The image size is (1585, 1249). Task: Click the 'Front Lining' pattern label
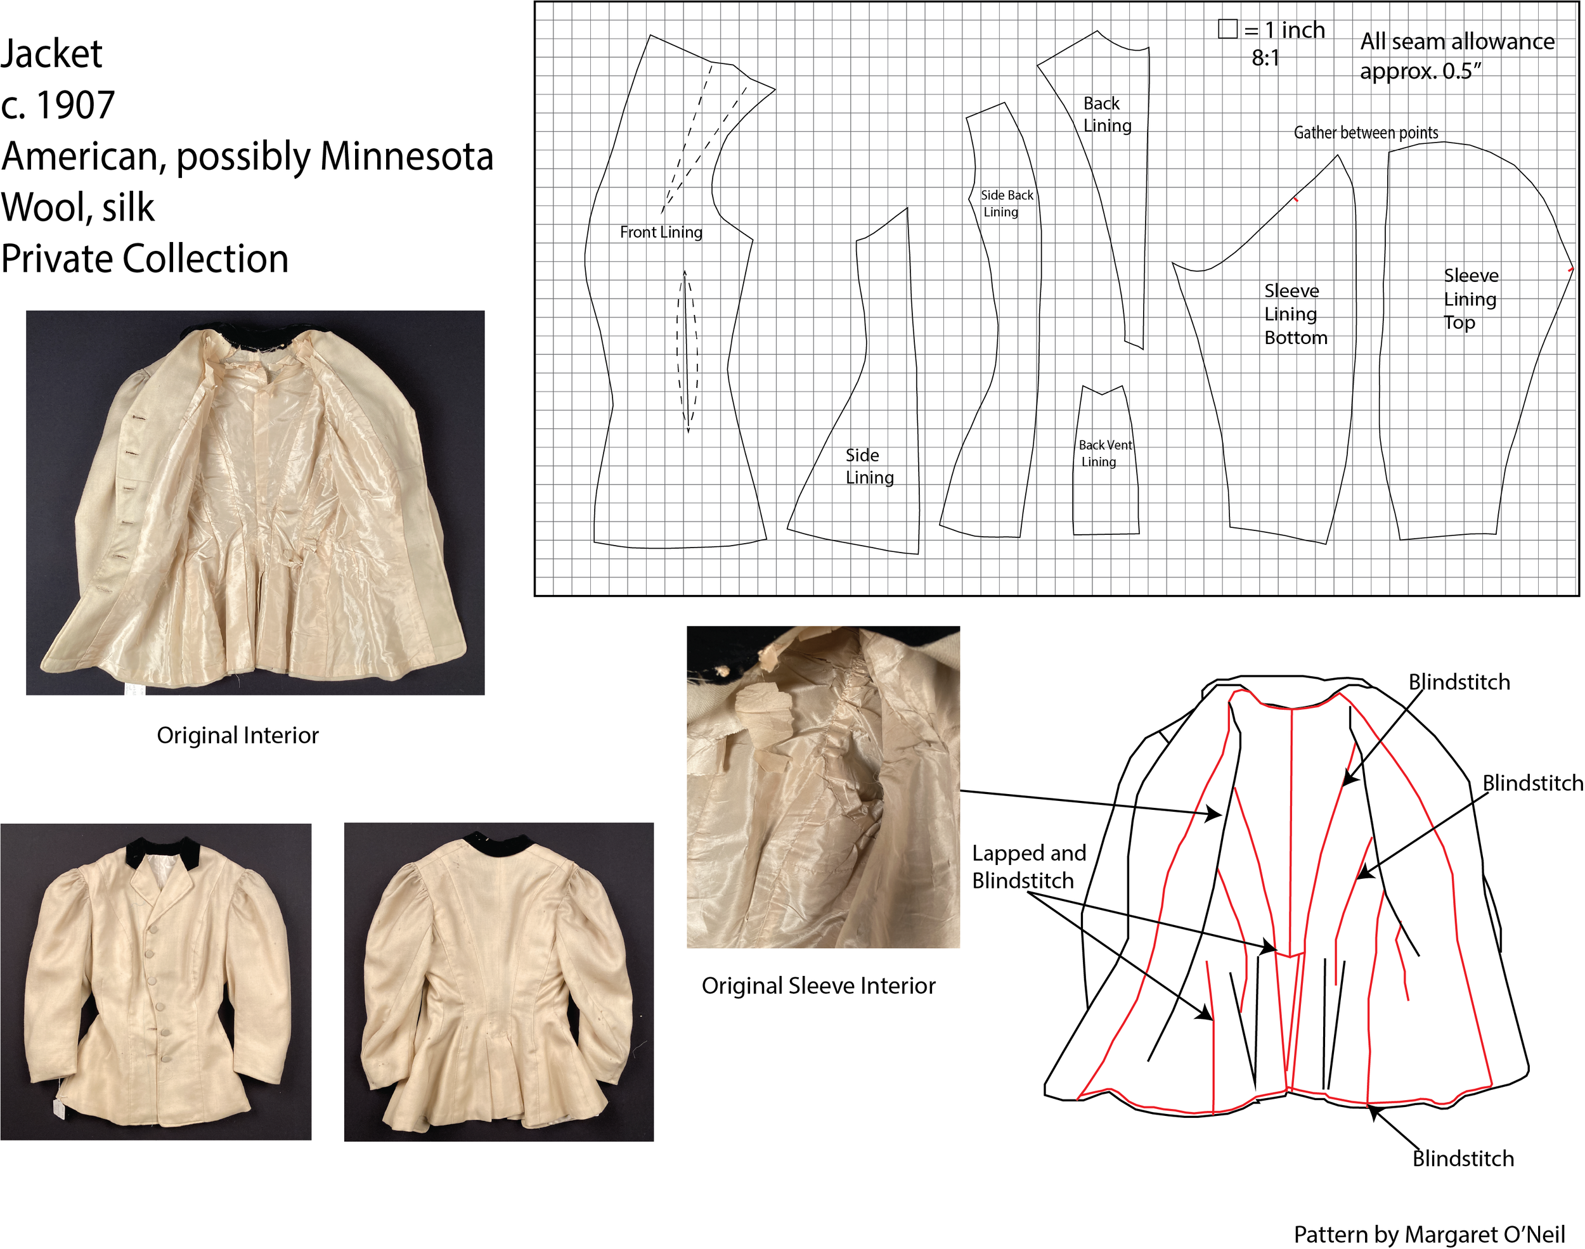pyautogui.click(x=661, y=233)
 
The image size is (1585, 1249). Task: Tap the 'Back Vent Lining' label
pyautogui.click(x=1104, y=453)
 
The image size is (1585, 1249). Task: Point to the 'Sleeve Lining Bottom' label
pyautogui.click(x=1295, y=314)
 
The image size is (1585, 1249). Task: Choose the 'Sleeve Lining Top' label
pyautogui.click(x=1470, y=298)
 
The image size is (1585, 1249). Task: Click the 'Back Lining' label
pyautogui.click(x=1107, y=114)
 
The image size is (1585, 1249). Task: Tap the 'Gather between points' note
pyautogui.click(x=1366, y=132)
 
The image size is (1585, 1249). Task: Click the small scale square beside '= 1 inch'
pyautogui.click(x=1227, y=29)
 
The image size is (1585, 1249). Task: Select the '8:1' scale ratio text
pyautogui.click(x=1265, y=58)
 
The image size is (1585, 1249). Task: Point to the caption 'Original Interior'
pyautogui.click(x=238, y=735)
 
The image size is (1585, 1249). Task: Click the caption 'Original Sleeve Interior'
pyautogui.click(x=818, y=986)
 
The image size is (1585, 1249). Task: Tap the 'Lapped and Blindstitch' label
pyautogui.click(x=1028, y=866)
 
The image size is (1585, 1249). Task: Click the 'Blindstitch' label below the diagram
pyautogui.click(x=1463, y=1158)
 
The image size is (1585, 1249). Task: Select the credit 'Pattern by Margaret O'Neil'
pyautogui.click(x=1429, y=1234)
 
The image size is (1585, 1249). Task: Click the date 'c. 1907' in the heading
pyautogui.click(x=58, y=105)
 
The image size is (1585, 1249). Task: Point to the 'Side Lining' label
pyautogui.click(x=869, y=466)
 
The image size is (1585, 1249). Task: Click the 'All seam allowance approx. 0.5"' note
pyautogui.click(x=1456, y=56)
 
